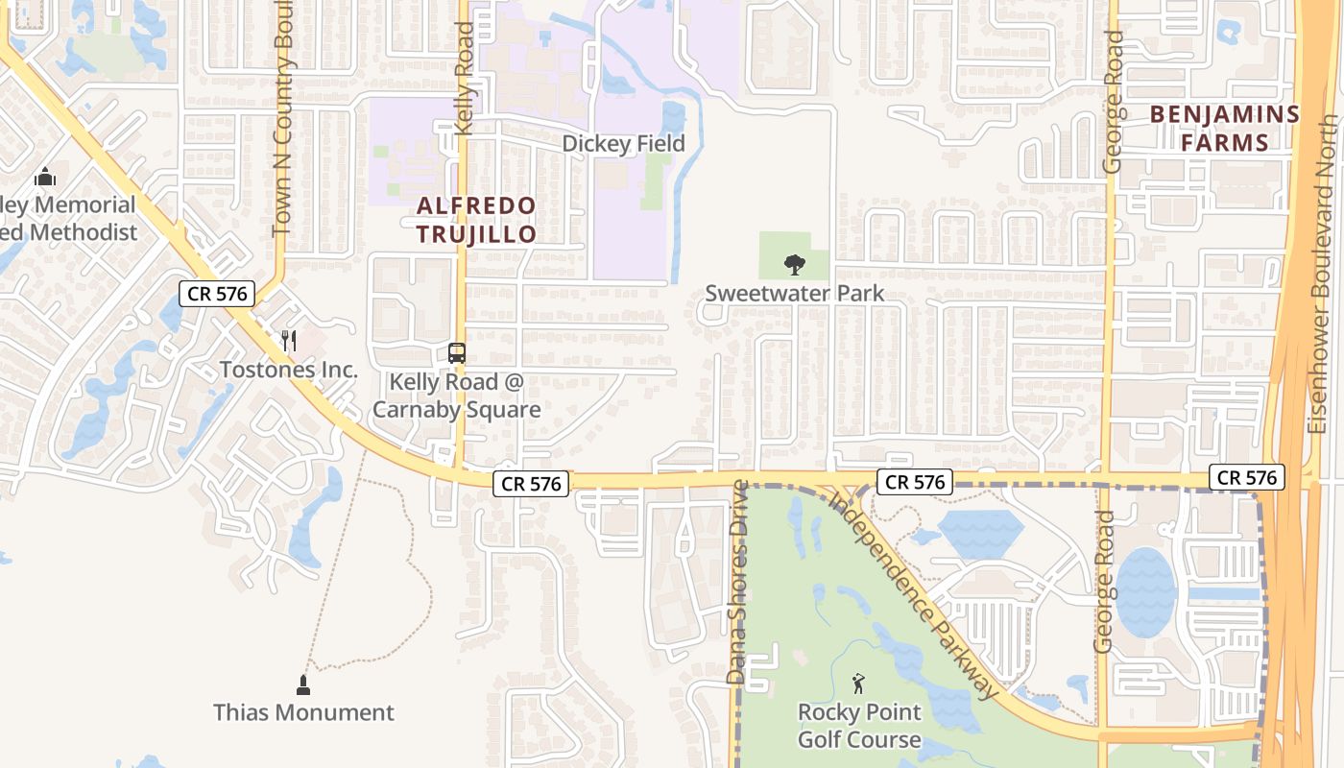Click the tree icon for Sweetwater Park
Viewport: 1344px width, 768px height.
[x=795, y=264]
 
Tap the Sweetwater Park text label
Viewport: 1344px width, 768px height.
[x=795, y=293]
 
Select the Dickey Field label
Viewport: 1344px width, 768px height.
[x=623, y=144]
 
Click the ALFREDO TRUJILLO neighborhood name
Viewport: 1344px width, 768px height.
[x=475, y=220]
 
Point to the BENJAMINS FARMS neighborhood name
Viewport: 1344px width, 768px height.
[x=1224, y=129]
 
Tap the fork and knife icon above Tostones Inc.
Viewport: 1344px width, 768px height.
[x=288, y=341]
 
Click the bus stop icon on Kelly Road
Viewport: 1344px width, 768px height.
[x=457, y=353]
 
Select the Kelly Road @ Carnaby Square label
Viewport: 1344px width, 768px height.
[x=457, y=396]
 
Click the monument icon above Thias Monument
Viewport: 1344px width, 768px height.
[x=303, y=684]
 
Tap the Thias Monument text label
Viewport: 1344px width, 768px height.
[x=303, y=712]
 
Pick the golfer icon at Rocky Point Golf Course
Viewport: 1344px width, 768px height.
[x=859, y=684]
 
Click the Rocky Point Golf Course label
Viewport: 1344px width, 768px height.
[x=859, y=726]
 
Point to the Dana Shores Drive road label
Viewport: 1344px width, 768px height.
[x=737, y=582]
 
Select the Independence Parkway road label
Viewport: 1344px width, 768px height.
[x=912, y=595]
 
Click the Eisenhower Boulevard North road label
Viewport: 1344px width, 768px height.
[x=1327, y=274]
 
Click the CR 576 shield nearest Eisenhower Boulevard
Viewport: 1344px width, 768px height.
[x=1246, y=477]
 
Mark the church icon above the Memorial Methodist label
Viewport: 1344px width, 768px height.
[x=44, y=178]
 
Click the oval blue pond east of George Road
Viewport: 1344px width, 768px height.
[x=1145, y=591]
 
